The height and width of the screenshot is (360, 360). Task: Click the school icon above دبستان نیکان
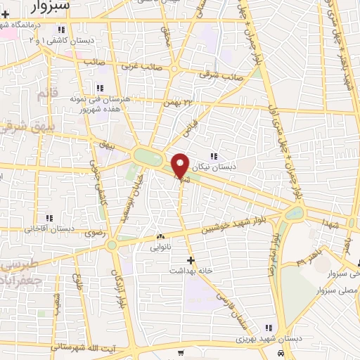[214, 156]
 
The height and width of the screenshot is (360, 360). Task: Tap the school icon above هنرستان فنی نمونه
[99, 88]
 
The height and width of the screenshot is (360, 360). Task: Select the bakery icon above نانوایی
[160, 237]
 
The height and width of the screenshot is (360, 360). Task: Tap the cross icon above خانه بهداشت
[191, 259]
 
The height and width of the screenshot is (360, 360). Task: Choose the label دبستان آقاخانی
[50, 229]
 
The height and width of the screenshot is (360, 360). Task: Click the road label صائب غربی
[138, 67]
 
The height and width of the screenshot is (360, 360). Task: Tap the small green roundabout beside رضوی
[112, 245]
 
